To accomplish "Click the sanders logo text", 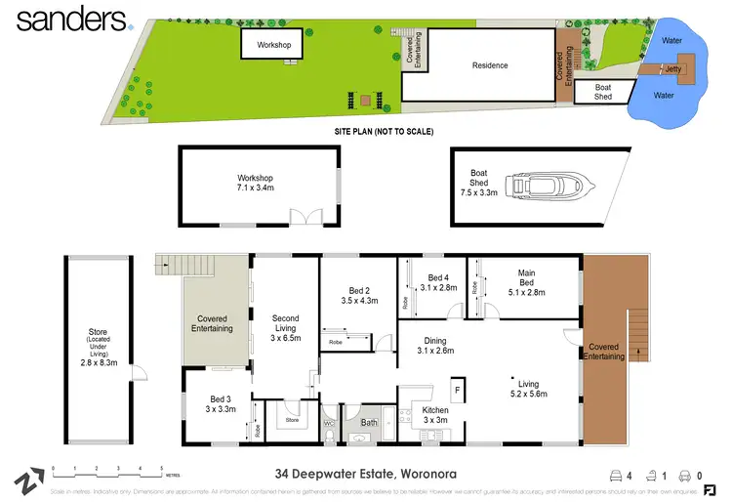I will tap(65, 19).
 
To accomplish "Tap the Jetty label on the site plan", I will tap(671, 69).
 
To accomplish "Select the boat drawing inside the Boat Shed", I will tap(538, 186).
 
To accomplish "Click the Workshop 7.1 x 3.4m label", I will tap(255, 183).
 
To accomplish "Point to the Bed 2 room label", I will tap(359, 295).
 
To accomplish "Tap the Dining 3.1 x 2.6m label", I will tap(436, 345).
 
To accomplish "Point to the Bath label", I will tap(369, 423).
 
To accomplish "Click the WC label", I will tap(328, 423).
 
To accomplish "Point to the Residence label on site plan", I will tap(490, 65).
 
